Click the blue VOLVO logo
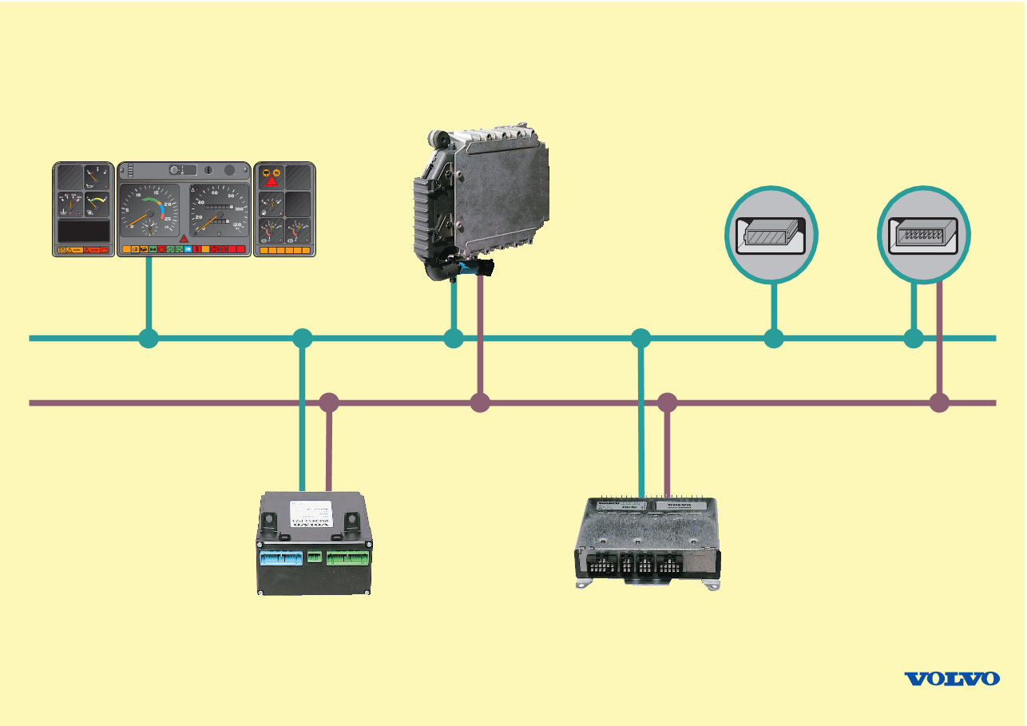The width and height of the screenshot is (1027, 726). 951,678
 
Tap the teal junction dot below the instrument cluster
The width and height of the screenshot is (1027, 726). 148,339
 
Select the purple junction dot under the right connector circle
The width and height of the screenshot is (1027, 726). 939,403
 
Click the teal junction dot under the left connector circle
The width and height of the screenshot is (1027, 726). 773,339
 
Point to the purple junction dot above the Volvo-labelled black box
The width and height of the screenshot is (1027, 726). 328,403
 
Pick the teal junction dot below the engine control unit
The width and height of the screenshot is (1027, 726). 454,339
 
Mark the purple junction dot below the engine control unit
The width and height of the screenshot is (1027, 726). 479,403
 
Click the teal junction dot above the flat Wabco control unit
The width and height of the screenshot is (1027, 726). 640,339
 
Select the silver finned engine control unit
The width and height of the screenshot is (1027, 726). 483,196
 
